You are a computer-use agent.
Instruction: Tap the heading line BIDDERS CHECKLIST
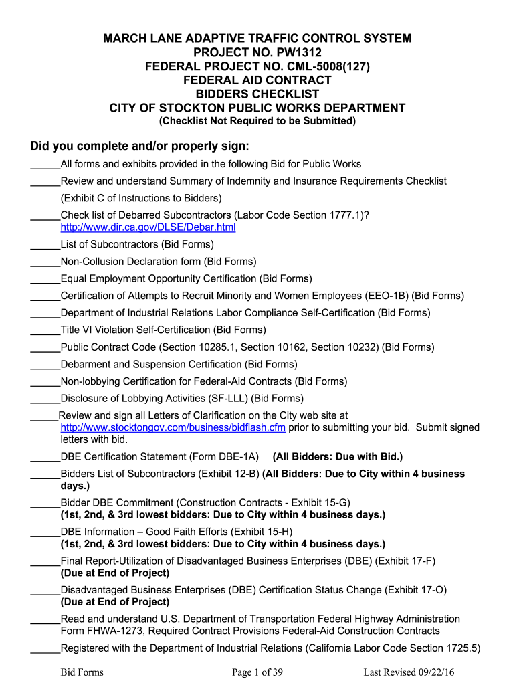point(257,94)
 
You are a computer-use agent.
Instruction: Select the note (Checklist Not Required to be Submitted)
point(257,121)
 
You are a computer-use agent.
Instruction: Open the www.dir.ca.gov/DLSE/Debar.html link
point(148,227)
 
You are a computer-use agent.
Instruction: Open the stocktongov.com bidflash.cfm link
point(173,427)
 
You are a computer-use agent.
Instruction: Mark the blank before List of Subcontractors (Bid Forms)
point(45,245)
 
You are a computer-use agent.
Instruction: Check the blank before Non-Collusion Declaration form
point(45,262)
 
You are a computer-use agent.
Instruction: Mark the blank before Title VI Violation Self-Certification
point(45,330)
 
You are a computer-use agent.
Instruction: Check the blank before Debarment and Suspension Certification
point(45,364)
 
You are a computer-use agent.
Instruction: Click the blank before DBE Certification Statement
point(45,457)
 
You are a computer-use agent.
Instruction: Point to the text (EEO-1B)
point(387,296)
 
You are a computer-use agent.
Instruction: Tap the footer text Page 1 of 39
point(257,672)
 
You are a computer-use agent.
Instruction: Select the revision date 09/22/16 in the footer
point(435,672)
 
